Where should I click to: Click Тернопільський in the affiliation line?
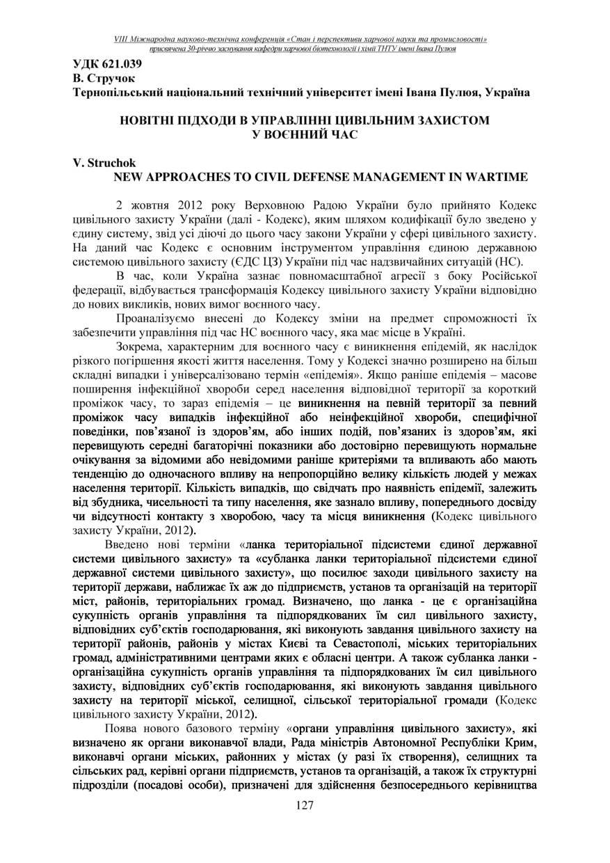click(123, 92)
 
